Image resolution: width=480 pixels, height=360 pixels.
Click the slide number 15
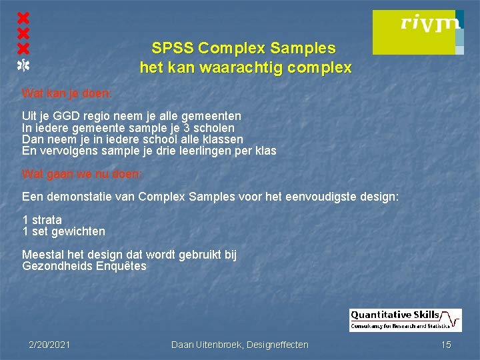click(446, 345)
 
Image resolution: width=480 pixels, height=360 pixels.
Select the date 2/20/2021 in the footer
click(50, 345)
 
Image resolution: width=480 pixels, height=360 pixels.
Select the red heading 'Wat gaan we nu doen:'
click(82, 175)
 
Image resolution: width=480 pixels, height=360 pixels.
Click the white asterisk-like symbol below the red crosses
click(23, 65)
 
